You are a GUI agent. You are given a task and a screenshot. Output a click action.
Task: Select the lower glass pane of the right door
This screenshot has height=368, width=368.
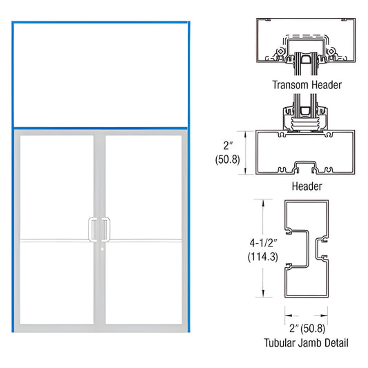pos(143,281)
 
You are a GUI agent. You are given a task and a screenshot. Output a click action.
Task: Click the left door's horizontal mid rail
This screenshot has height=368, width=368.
pos(57,240)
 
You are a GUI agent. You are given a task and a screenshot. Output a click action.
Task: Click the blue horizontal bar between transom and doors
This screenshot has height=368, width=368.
pos(100,128)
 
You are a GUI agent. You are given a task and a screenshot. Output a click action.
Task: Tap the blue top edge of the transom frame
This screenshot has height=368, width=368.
pos(100,23)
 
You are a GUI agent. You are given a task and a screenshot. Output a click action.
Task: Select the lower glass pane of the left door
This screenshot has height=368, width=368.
pos(57,281)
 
